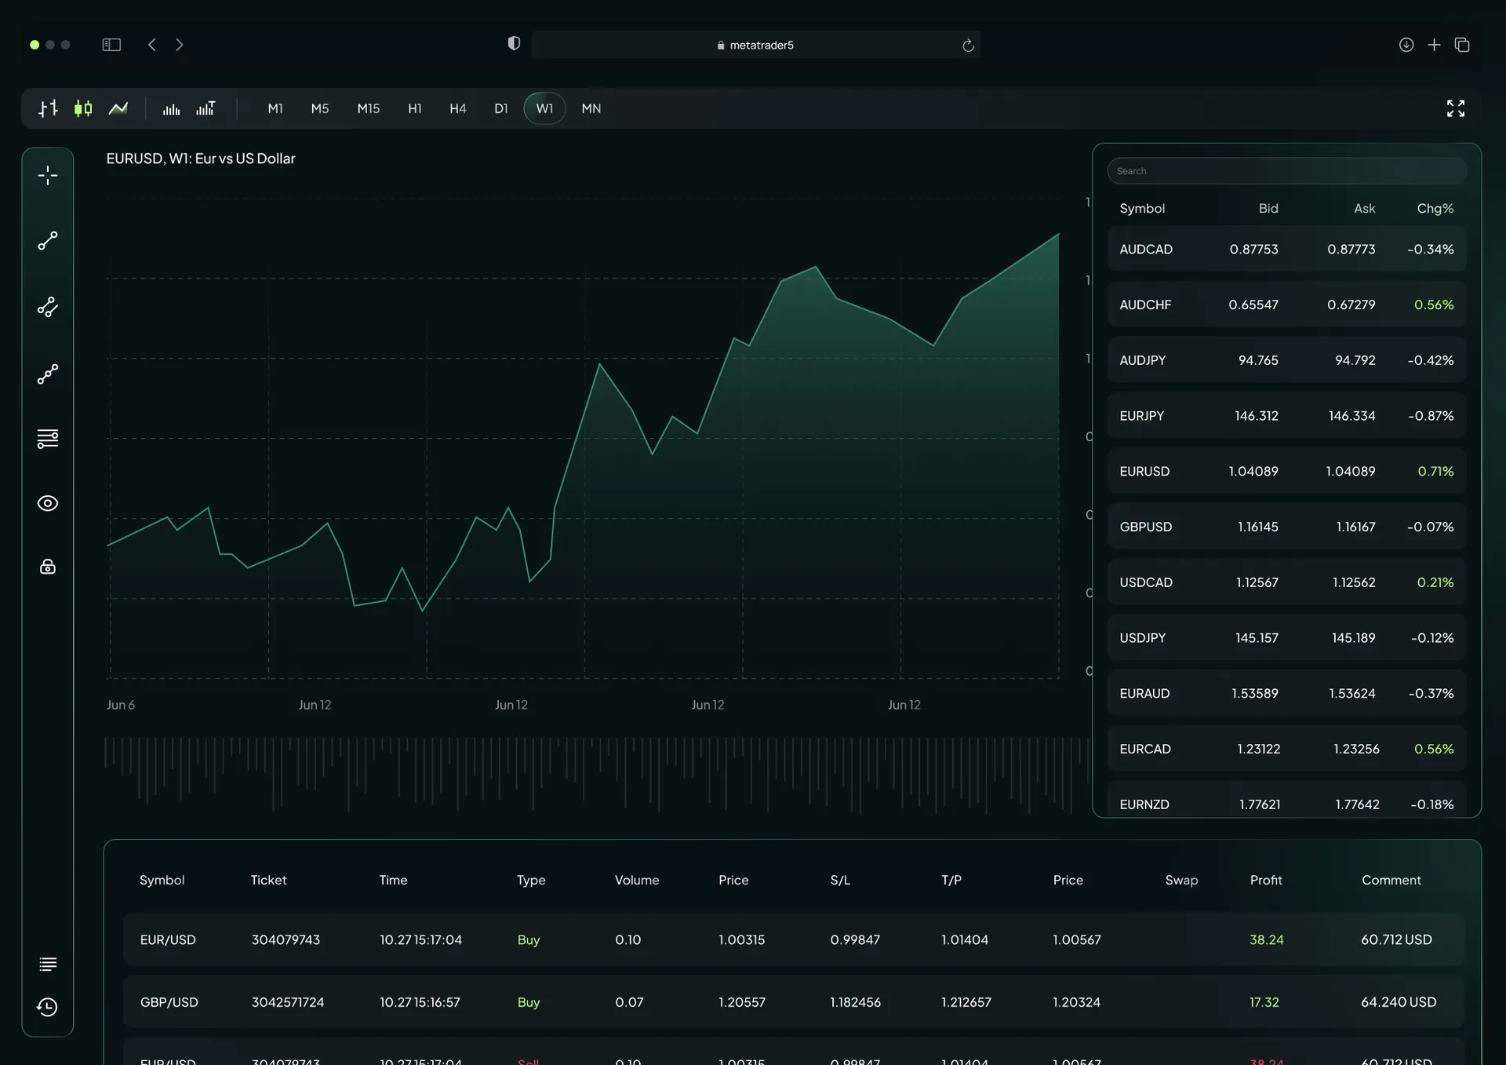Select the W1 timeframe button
pyautogui.click(x=544, y=108)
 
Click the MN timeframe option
pyautogui.click(x=591, y=108)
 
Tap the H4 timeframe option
pyautogui.click(x=457, y=108)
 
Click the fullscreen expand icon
pyautogui.click(x=1455, y=108)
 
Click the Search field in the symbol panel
pyautogui.click(x=1286, y=171)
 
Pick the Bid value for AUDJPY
pyautogui.click(x=1257, y=360)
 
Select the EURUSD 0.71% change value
pyautogui.click(x=1435, y=471)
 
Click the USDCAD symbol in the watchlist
pyautogui.click(x=1145, y=582)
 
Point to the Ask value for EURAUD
pyautogui.click(x=1351, y=693)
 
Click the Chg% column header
pyautogui.click(x=1435, y=208)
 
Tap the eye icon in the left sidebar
pyautogui.click(x=48, y=503)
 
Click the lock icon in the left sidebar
pyautogui.click(x=48, y=567)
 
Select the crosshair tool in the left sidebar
pyautogui.click(x=48, y=175)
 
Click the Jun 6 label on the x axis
pyautogui.click(x=121, y=705)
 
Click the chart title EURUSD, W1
pyautogui.click(x=201, y=159)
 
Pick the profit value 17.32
pyautogui.click(x=1264, y=1002)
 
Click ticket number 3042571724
pyautogui.click(x=287, y=1002)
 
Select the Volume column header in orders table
pyautogui.click(x=636, y=880)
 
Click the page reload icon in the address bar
pyautogui.click(x=968, y=46)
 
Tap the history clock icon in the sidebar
pyautogui.click(x=48, y=1007)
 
